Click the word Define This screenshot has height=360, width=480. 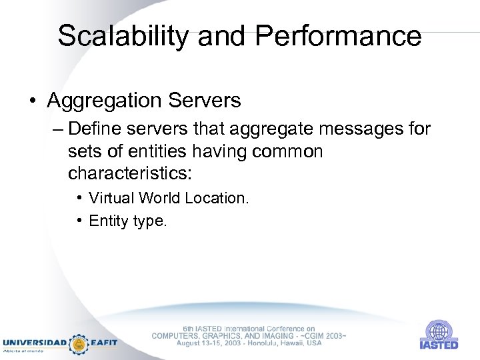[95, 128]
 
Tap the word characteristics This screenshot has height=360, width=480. [129, 174]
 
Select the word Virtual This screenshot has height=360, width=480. [110, 198]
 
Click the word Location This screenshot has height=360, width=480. [217, 198]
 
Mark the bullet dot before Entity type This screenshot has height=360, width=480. [79, 221]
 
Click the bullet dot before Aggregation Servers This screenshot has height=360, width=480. [33, 101]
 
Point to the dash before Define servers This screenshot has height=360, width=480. [57, 129]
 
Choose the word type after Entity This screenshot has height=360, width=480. [150, 222]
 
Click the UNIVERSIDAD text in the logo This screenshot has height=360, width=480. [35, 343]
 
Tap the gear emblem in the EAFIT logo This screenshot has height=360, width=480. [79, 343]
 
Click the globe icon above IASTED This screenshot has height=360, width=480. [439, 330]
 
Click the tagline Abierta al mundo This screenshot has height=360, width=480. [25, 351]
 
